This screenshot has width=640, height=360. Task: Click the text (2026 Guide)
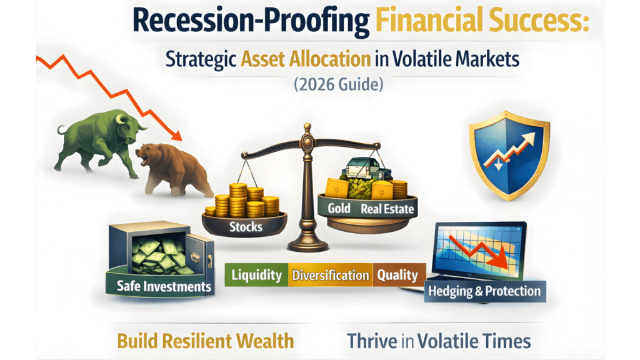tap(338, 85)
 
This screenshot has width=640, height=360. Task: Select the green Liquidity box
tap(256, 275)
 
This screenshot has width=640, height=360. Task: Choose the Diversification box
tap(331, 275)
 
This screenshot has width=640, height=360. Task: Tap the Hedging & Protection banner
tap(484, 291)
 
